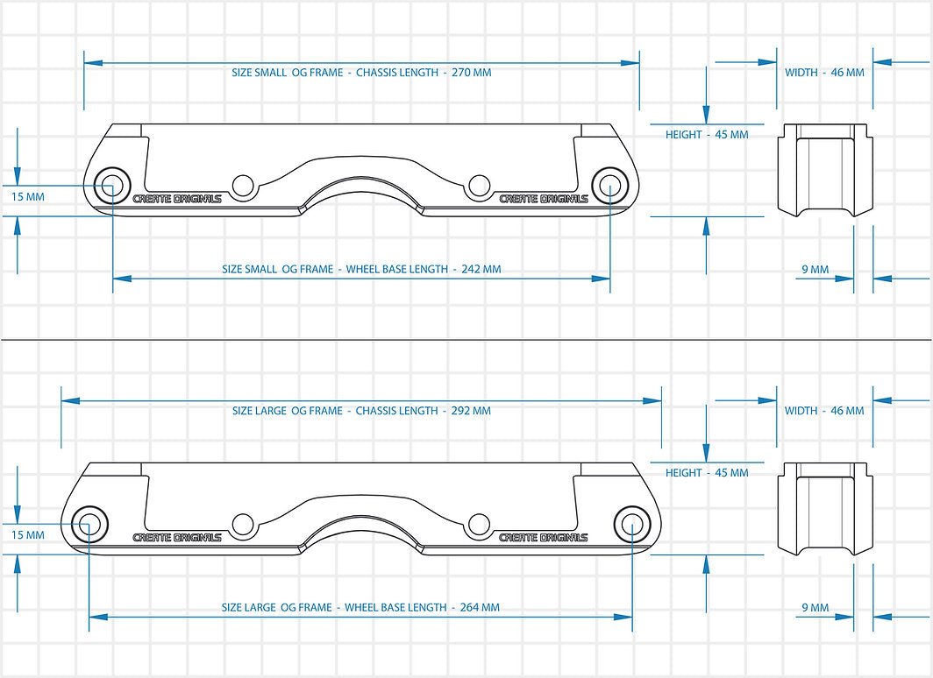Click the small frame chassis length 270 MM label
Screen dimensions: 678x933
(x=361, y=73)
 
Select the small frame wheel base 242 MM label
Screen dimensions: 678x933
(x=361, y=269)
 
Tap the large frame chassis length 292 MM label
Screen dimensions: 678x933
(x=361, y=411)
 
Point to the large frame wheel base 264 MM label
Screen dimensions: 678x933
(x=360, y=607)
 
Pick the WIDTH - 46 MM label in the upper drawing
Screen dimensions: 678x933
(x=824, y=73)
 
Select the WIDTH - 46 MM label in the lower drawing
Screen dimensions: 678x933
(x=824, y=411)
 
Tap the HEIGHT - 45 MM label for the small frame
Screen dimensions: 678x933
(x=707, y=135)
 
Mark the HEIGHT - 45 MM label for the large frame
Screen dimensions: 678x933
(x=707, y=473)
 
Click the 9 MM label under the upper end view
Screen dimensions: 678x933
(x=815, y=270)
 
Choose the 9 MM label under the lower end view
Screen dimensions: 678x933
(x=815, y=608)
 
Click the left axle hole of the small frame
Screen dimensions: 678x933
(x=112, y=186)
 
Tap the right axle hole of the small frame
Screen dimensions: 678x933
(x=609, y=186)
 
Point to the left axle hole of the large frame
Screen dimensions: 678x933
(x=89, y=524)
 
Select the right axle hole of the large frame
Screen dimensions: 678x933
(x=632, y=524)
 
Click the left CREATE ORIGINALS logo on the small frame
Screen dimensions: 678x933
(x=177, y=199)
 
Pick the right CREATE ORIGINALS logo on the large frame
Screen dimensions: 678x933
(x=544, y=537)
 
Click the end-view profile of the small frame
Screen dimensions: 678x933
(x=826, y=171)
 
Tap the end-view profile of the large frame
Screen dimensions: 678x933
(x=826, y=509)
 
